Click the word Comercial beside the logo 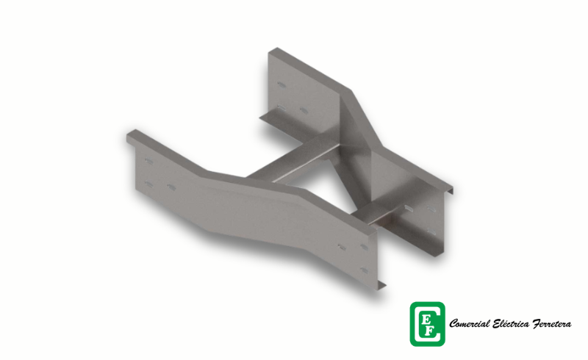point(470,323)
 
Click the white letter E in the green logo point(426,320)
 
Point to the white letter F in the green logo point(431,331)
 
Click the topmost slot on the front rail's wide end point(149,161)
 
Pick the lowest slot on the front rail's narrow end point(364,270)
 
